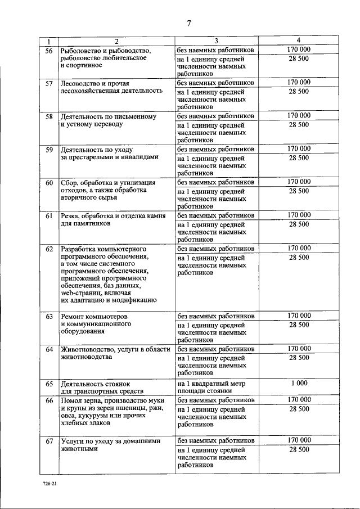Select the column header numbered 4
[x=299, y=40]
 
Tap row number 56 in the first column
[x=49, y=51]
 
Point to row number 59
[x=49, y=150]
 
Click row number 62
[x=49, y=249]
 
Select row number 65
[x=49, y=384]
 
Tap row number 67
[x=49, y=441]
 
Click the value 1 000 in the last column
[x=299, y=383]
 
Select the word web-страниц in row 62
[x=80, y=292]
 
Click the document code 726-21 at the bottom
[x=48, y=484]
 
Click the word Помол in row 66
[x=71, y=400]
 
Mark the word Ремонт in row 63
[x=73, y=317]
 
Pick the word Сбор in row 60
[x=69, y=183]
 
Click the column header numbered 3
[x=216, y=41]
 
